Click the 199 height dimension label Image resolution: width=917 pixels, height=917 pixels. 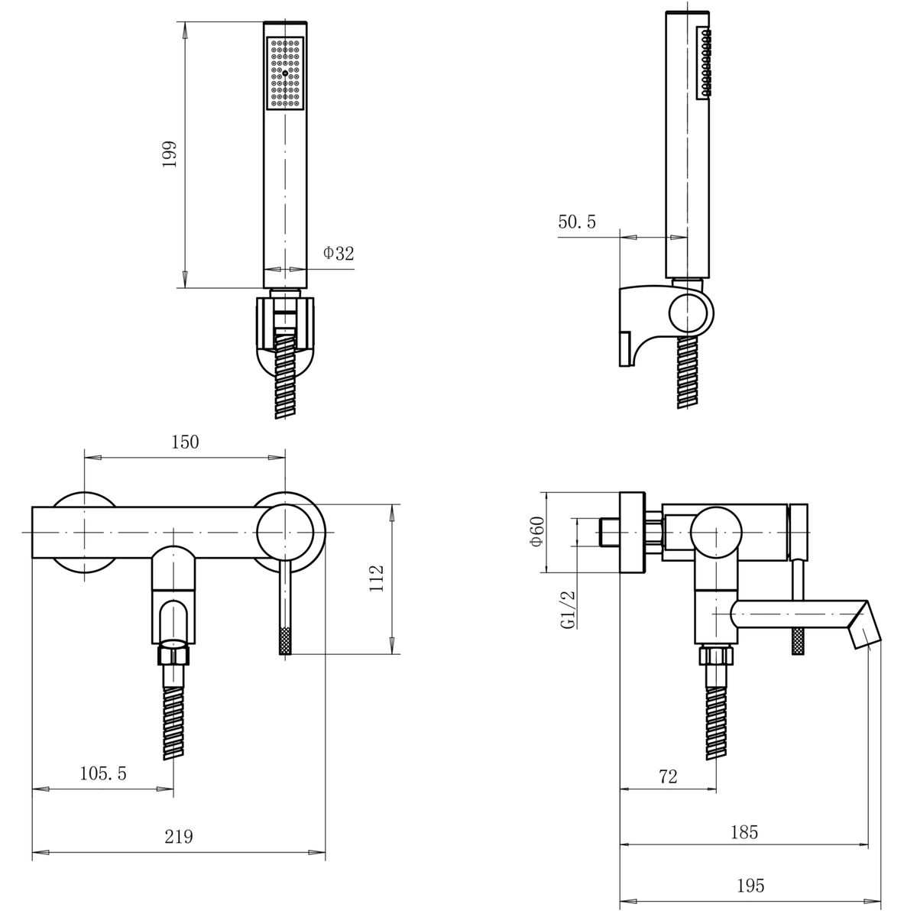(170, 154)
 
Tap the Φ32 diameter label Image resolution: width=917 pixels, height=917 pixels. (339, 253)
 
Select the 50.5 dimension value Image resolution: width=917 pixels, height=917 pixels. (577, 222)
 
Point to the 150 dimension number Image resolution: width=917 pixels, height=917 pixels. (185, 442)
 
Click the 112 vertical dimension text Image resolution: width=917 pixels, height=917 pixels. (377, 578)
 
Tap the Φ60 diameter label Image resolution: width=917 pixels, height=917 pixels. (536, 532)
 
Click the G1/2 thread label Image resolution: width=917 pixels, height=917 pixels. (569, 610)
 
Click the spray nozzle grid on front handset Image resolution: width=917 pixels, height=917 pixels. (285, 73)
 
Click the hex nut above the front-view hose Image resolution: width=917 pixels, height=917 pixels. (173, 655)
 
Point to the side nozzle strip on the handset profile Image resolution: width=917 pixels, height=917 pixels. (704, 63)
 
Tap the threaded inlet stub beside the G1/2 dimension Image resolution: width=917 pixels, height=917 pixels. (610, 532)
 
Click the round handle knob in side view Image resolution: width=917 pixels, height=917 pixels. (716, 532)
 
